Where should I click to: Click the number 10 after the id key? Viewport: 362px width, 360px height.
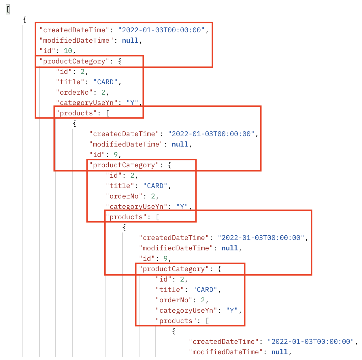pyautogui.click(x=68, y=51)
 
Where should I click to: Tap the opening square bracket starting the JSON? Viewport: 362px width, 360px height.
pyautogui.click(x=8, y=9)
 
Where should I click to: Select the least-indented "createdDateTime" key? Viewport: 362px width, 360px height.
pyautogui.click(x=74, y=30)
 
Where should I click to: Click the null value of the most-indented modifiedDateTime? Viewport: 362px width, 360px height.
pyautogui.click(x=280, y=352)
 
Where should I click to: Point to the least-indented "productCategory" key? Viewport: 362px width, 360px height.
pyautogui.click(x=74, y=61)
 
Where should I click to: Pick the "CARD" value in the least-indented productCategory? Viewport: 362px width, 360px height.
pyautogui.click(x=105, y=82)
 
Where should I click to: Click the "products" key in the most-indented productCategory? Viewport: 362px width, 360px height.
pyautogui.click(x=176, y=321)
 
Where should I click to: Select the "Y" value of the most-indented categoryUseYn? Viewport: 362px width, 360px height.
pyautogui.click(x=232, y=310)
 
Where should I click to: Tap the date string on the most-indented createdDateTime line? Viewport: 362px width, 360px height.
pyautogui.click(x=310, y=342)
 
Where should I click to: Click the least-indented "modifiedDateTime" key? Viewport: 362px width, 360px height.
pyautogui.click(x=76, y=40)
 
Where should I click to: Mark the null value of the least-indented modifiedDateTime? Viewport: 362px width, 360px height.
pyautogui.click(x=130, y=40)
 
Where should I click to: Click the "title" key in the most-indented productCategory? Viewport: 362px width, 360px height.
pyautogui.click(x=170, y=290)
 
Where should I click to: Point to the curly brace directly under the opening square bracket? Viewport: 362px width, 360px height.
pyautogui.click(x=25, y=20)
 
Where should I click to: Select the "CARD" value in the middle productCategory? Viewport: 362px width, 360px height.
pyautogui.click(x=155, y=186)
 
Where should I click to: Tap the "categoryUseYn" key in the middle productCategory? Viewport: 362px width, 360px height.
pyautogui.click(x=137, y=207)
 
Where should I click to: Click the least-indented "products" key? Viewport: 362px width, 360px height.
pyautogui.click(x=76, y=113)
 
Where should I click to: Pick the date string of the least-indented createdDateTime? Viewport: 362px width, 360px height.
pyautogui.click(x=161, y=30)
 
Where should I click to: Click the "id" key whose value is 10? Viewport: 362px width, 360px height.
pyautogui.click(x=47, y=51)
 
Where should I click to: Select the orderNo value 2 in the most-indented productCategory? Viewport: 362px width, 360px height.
pyautogui.click(x=203, y=300)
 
